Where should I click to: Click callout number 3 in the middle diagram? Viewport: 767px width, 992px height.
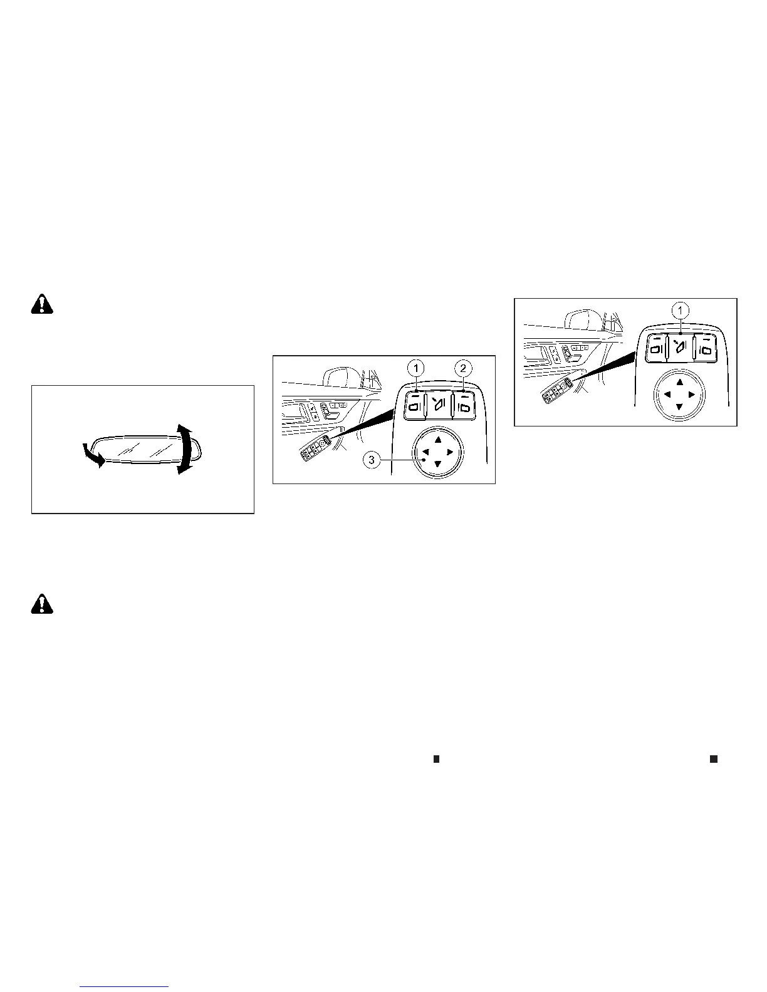click(x=372, y=460)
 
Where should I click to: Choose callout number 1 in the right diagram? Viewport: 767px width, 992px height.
click(x=681, y=309)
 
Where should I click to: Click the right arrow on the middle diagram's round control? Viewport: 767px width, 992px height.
click(x=450, y=452)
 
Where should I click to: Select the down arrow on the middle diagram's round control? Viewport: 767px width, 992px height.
click(x=437, y=464)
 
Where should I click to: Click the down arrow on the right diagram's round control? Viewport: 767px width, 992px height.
click(x=680, y=407)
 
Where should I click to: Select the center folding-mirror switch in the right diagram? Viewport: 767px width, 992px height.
click(x=681, y=346)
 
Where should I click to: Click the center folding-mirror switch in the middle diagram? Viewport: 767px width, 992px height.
click(x=438, y=405)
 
